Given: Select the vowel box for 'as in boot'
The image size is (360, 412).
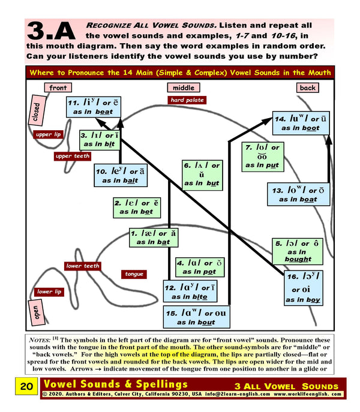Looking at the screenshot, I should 299,123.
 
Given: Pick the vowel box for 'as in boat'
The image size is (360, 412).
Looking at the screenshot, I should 298,194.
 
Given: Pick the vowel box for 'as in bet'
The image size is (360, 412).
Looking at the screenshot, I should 136,207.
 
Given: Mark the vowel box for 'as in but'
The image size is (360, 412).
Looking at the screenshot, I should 202,174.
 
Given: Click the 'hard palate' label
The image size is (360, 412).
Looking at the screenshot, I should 187,100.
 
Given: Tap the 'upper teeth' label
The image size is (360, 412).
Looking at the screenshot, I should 73,157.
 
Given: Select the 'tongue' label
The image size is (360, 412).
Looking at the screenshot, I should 134,274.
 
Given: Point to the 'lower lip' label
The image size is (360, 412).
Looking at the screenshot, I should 49,292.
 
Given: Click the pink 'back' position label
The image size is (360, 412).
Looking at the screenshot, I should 307,88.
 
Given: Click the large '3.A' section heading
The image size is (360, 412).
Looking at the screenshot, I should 51,37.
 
